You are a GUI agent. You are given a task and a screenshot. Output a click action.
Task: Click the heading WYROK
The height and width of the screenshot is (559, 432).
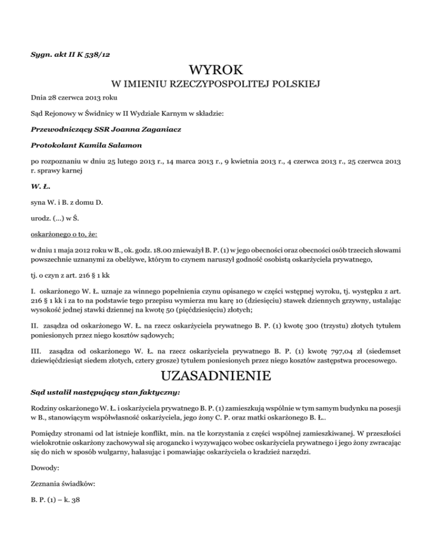(x=216, y=71)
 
